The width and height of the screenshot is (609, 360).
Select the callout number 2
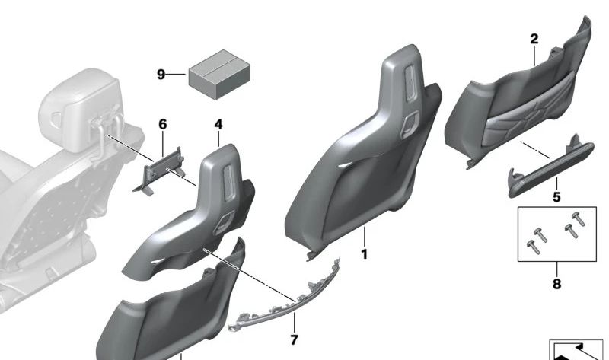click(x=534, y=38)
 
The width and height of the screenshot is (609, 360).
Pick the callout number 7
click(x=293, y=339)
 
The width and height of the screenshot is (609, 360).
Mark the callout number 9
click(x=161, y=75)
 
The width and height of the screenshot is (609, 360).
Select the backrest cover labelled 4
click(x=206, y=205)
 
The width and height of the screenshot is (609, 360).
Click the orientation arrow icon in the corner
click(x=578, y=349)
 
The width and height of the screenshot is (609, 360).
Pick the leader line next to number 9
click(x=177, y=75)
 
